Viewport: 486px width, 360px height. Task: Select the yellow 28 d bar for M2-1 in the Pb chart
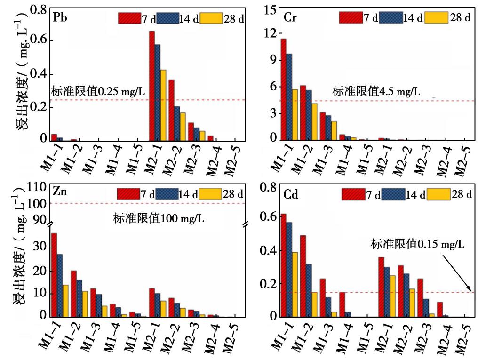pyautogui.click(x=163, y=105)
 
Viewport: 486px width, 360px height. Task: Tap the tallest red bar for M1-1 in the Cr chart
pyautogui.click(x=283, y=89)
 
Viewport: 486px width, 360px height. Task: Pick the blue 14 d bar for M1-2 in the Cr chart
pyautogui.click(x=309, y=115)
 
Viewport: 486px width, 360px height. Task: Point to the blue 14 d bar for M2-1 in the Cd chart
pyautogui.click(x=387, y=291)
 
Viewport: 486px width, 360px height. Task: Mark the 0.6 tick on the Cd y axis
pyautogui.click(x=268, y=218)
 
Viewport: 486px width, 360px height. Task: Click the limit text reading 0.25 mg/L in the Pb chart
pyautogui.click(x=97, y=92)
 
